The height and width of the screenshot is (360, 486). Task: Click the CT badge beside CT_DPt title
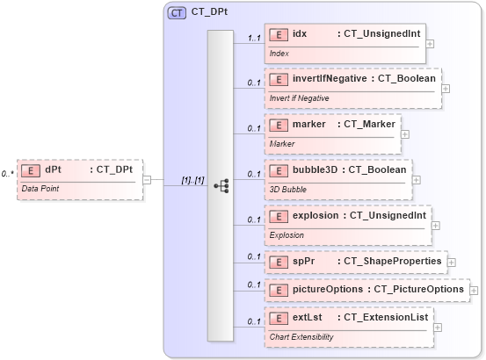point(178,13)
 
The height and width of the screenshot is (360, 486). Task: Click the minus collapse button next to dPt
point(147,180)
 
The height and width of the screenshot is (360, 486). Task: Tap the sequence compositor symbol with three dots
point(221,185)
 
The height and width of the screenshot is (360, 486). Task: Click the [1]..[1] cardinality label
point(192,180)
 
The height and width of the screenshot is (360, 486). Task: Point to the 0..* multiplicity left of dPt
point(7,174)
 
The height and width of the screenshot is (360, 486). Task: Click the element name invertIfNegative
point(330,78)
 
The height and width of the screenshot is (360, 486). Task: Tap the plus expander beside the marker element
point(405,134)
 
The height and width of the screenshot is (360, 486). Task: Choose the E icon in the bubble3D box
point(279,169)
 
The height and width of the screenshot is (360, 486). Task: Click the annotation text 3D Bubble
point(287,187)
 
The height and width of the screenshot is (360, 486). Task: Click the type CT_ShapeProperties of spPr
point(392,261)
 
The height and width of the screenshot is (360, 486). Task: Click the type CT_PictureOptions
point(418,289)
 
